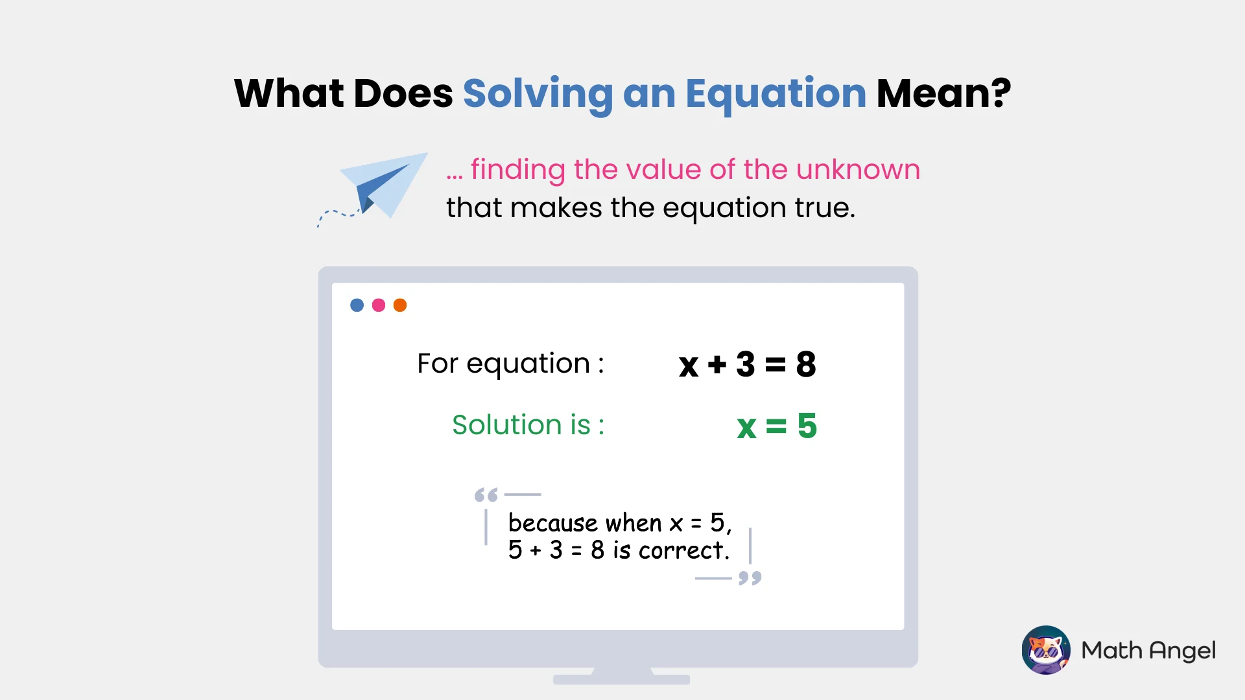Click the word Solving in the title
pyautogui.click(x=538, y=94)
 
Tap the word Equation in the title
pyautogui.click(x=776, y=94)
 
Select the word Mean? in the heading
pyautogui.click(x=943, y=94)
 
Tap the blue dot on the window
pyautogui.click(x=357, y=305)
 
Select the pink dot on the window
pyautogui.click(x=379, y=305)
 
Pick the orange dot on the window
pyautogui.click(x=400, y=305)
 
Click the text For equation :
pyautogui.click(x=510, y=364)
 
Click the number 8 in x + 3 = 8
pyautogui.click(x=806, y=364)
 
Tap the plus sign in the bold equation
pyautogui.click(x=717, y=365)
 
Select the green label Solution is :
pyautogui.click(x=528, y=425)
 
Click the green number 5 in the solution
pyautogui.click(x=807, y=426)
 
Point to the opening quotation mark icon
pyautogui.click(x=486, y=495)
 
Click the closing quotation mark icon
pyautogui.click(x=750, y=577)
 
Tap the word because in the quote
pyautogui.click(x=552, y=523)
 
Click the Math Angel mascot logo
pyautogui.click(x=1046, y=650)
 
